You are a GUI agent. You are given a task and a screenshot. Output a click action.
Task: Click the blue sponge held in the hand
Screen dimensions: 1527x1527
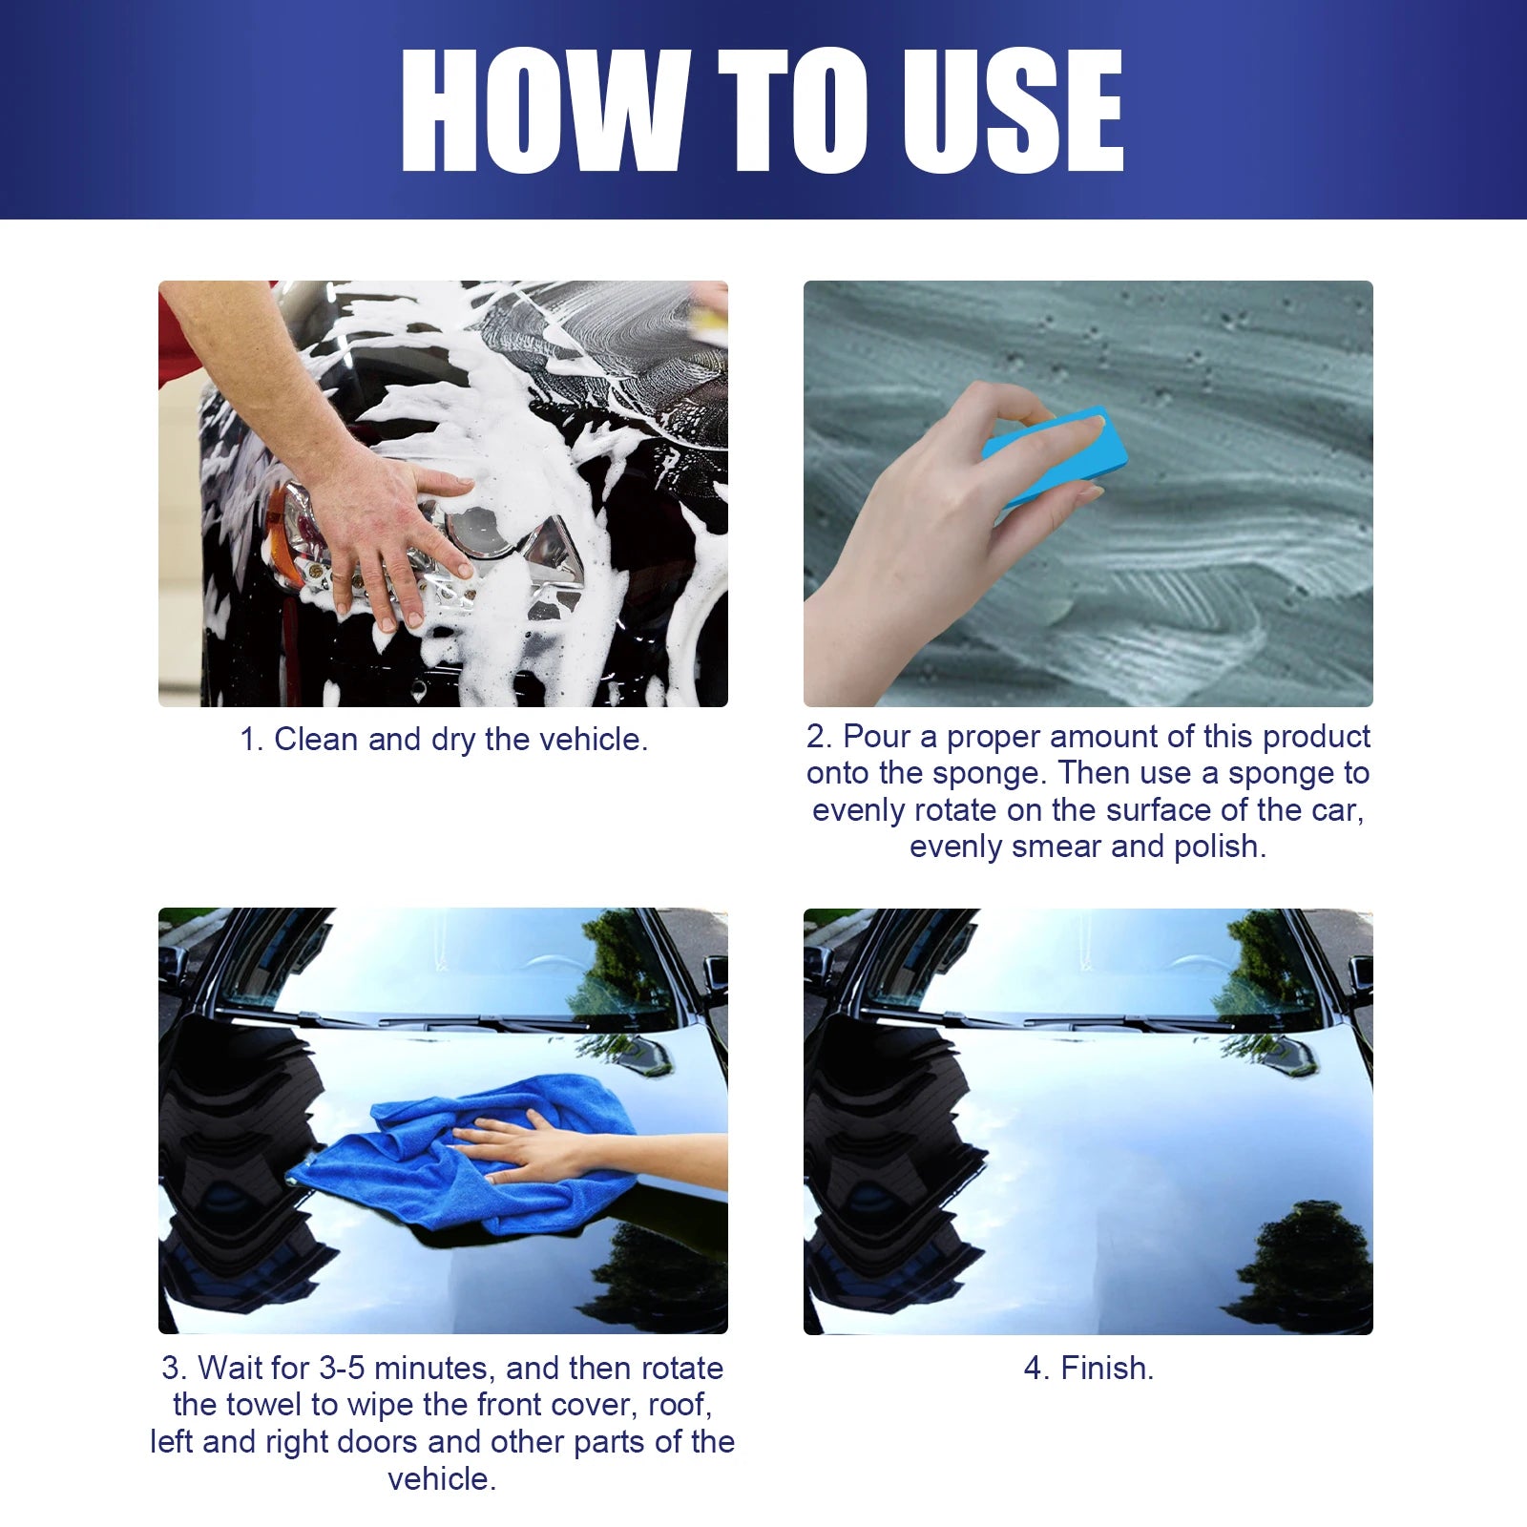pos(1055,456)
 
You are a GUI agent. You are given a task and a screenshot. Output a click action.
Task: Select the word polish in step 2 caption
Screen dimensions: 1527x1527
pos(1218,847)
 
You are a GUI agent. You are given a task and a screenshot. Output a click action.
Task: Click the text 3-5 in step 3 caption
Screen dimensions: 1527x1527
pos(341,1368)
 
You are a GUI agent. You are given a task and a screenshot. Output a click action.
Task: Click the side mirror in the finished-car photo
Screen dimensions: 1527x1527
pos(1360,978)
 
